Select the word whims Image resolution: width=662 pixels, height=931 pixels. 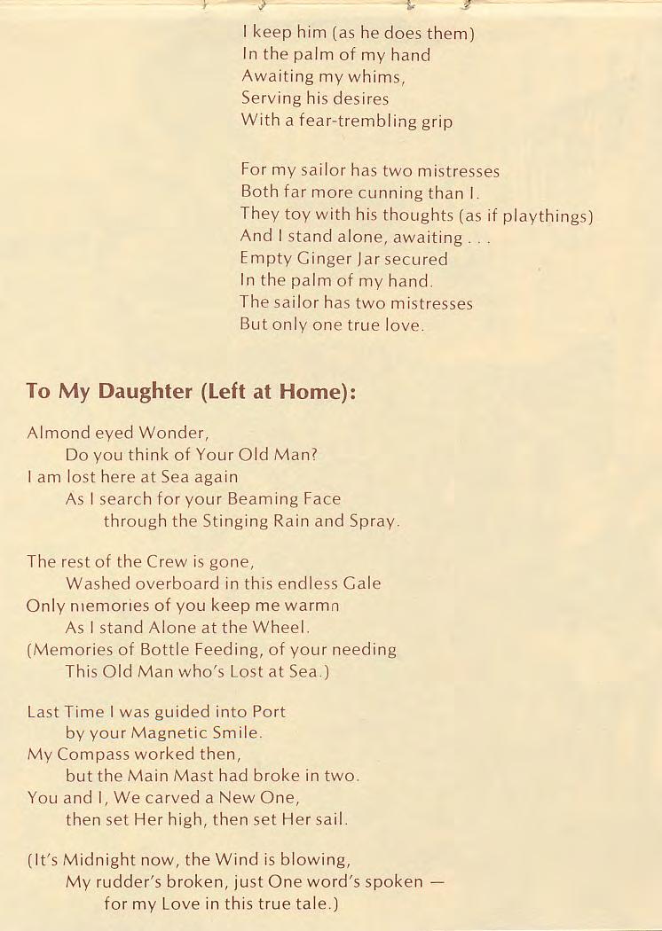379,77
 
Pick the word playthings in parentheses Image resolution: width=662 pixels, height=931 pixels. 545,215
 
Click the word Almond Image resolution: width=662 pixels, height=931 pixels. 59,434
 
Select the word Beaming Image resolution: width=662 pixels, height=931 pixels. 257,499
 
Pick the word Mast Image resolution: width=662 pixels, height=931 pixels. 194,777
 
